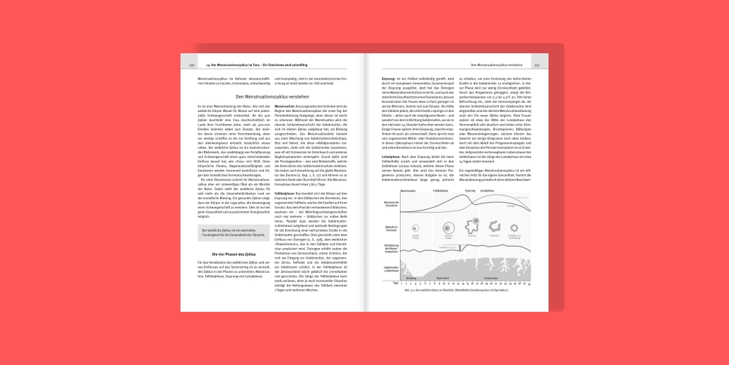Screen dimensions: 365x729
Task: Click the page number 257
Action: tap(537, 64)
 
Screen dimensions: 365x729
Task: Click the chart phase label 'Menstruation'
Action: tap(408, 191)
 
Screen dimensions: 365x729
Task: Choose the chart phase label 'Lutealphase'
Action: tap(487, 191)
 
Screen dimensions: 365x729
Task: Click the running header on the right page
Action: tap(495, 64)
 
